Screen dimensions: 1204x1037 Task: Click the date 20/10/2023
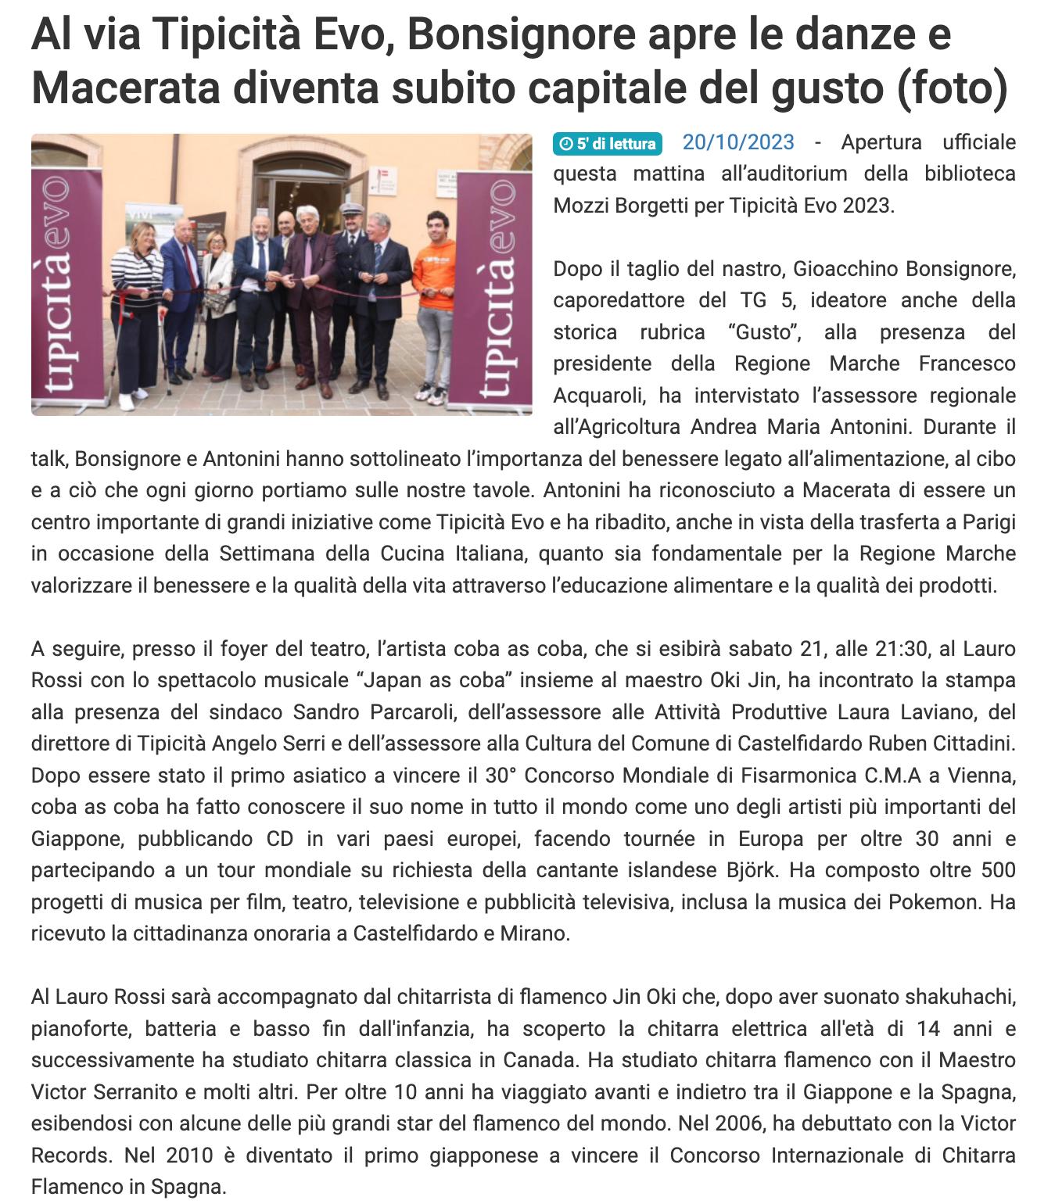pyautogui.click(x=738, y=143)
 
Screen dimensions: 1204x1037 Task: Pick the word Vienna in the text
pyautogui.click(x=981, y=776)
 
